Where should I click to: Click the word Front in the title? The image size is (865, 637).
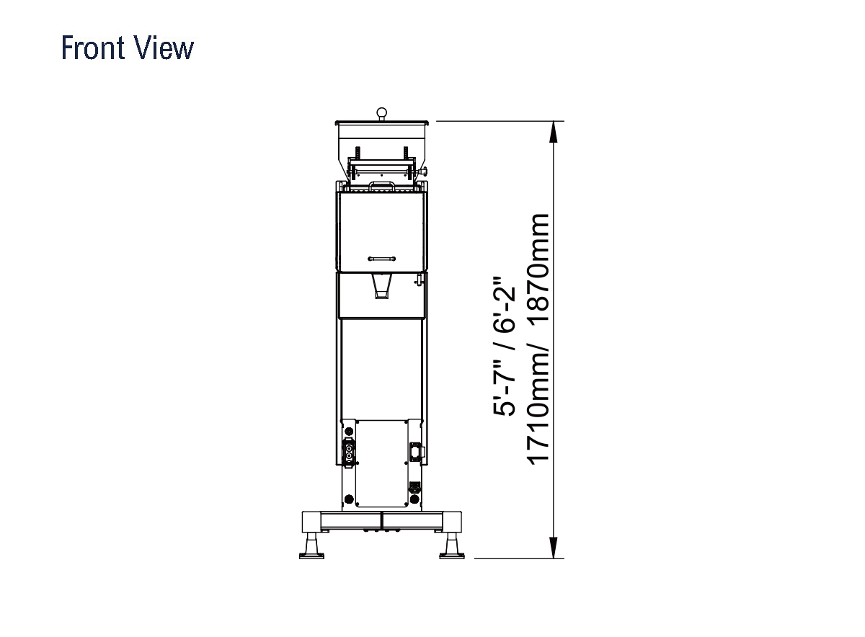93,48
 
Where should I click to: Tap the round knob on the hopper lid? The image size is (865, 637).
381,112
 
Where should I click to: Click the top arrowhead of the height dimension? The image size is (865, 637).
554,132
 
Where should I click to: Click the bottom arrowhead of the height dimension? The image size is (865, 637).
554,548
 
